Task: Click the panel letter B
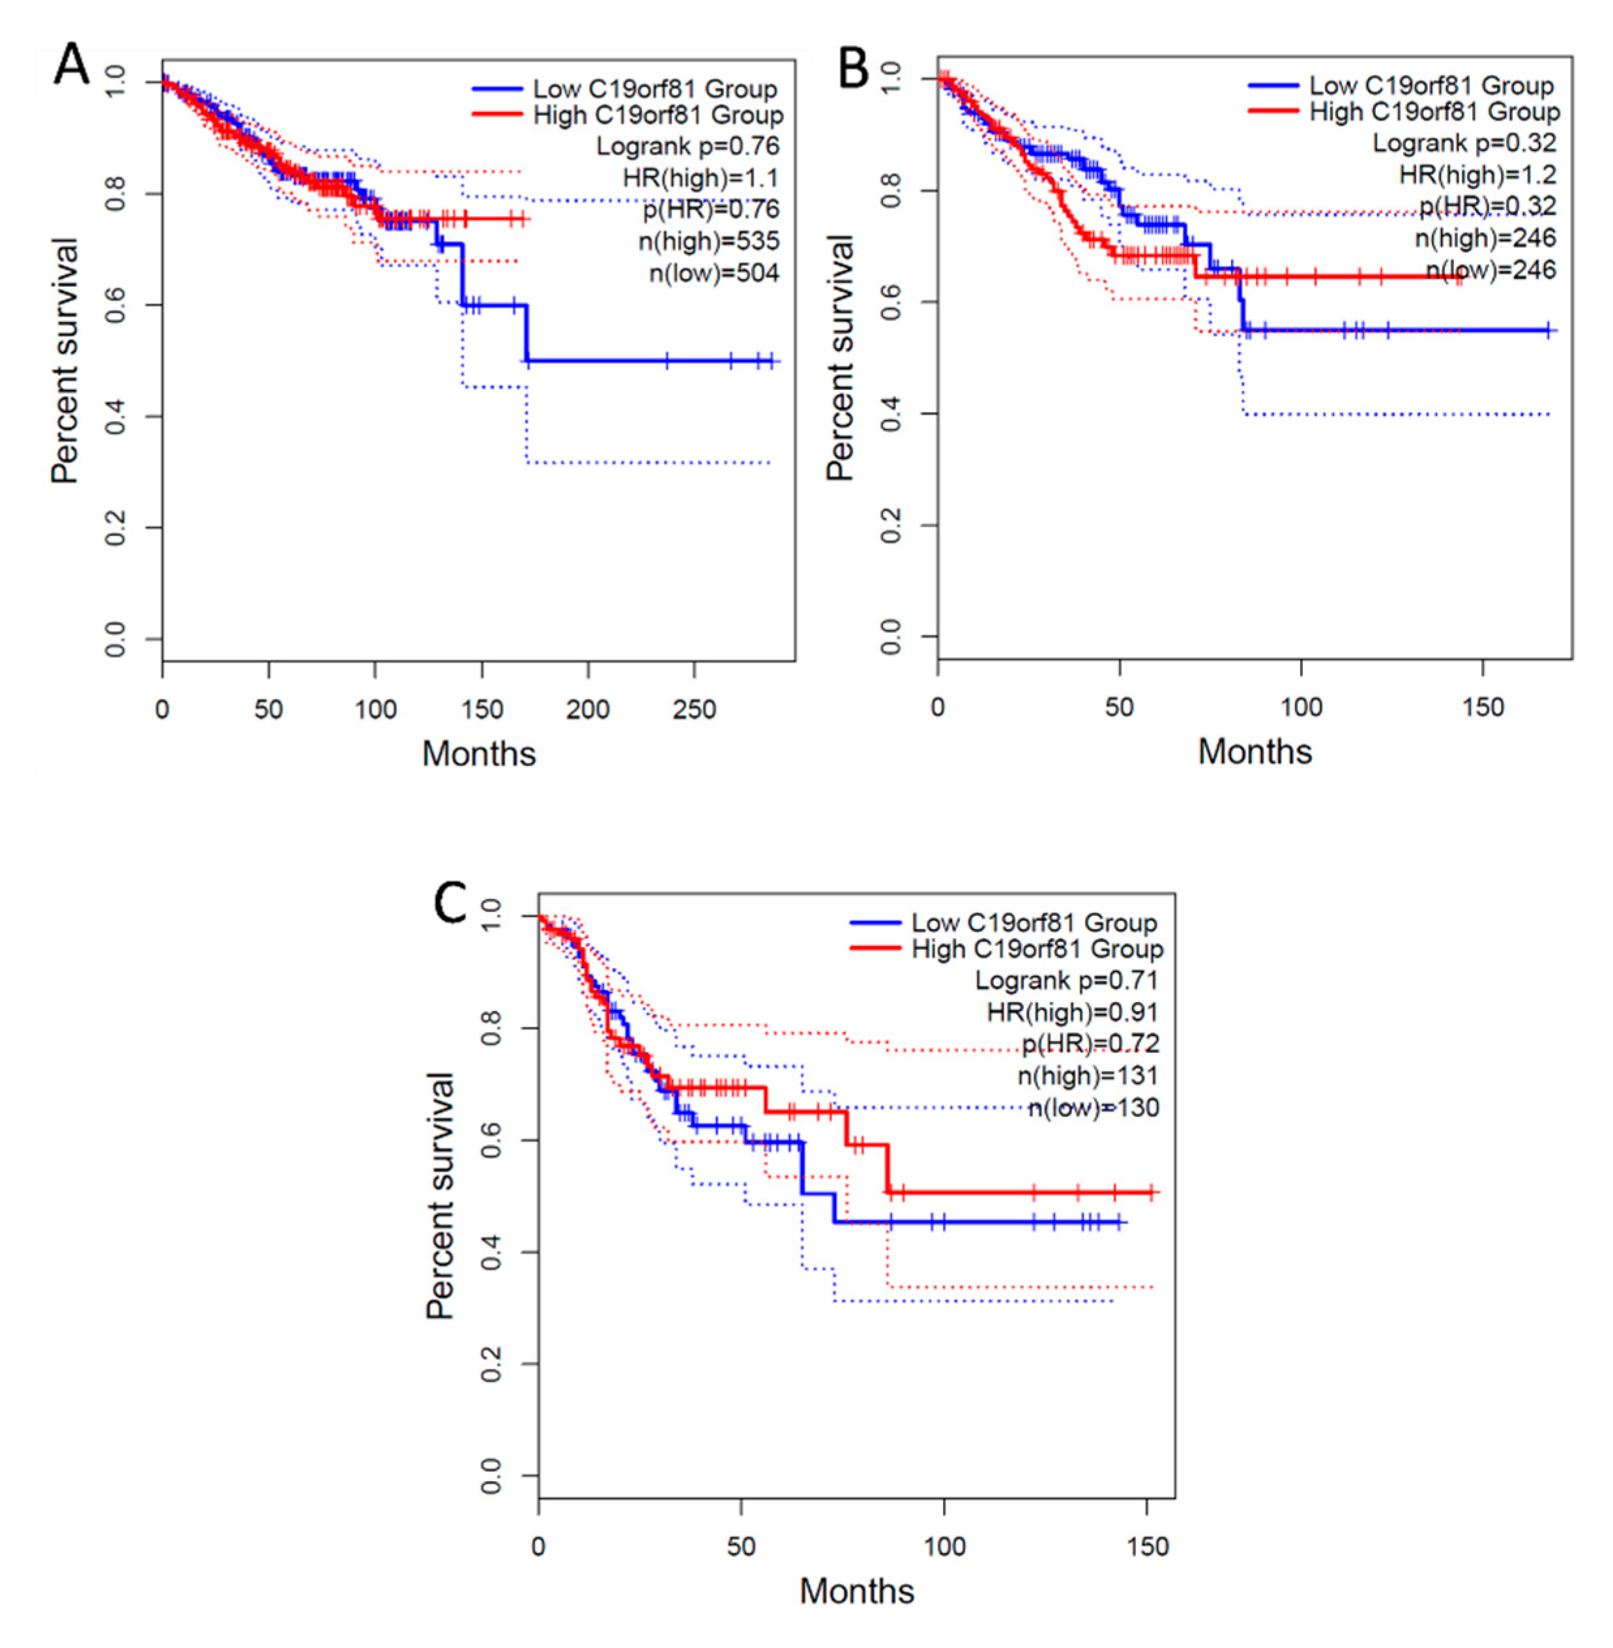(x=853, y=68)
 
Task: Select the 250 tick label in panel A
(x=694, y=709)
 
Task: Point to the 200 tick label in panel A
(x=588, y=709)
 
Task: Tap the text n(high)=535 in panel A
(x=708, y=241)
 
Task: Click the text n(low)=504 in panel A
(x=714, y=273)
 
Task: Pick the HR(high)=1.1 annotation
(x=701, y=178)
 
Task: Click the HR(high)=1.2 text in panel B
(x=1477, y=175)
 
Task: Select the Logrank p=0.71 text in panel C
(x=1066, y=980)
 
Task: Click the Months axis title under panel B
(x=1255, y=752)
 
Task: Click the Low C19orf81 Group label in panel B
(x=1431, y=85)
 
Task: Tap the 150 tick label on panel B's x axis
(x=1483, y=707)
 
